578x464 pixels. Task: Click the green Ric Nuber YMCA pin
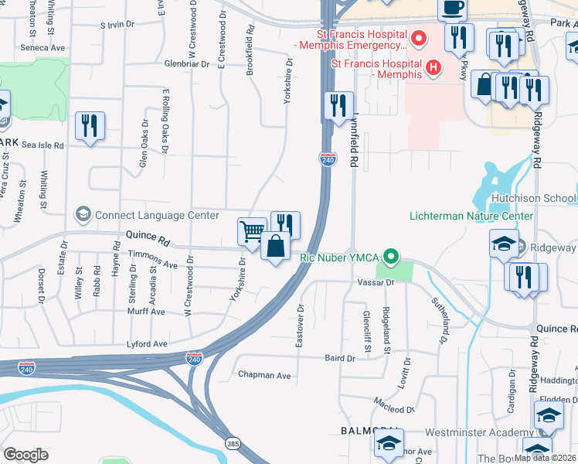pos(392,255)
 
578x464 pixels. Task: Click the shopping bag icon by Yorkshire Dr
pos(275,247)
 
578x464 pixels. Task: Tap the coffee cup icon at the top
pos(452,8)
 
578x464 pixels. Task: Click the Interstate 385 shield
pos(232,443)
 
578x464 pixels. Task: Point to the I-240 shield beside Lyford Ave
pos(194,359)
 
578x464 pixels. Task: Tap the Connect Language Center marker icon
pos(82,213)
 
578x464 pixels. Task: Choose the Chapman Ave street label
pos(264,375)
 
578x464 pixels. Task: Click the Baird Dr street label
pos(340,358)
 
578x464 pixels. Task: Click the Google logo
pos(25,455)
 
